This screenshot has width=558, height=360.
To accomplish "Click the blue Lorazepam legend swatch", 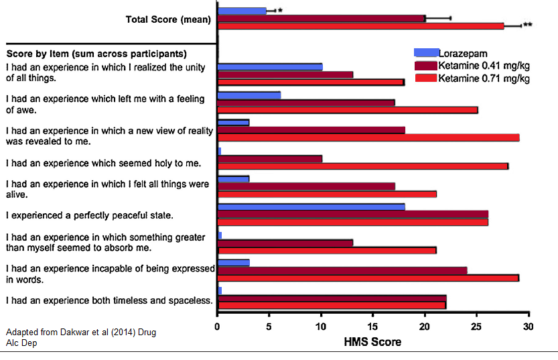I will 426,52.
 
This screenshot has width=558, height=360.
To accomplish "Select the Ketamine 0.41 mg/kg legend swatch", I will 426,65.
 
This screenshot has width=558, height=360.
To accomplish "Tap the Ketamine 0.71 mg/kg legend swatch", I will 426,78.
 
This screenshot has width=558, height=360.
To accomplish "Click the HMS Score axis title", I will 373,342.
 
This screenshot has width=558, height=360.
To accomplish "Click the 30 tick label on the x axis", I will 529,327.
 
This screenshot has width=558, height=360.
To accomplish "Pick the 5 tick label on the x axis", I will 269,327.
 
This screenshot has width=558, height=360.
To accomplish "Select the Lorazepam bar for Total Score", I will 242,11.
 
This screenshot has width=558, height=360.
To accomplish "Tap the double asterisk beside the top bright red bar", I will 528,25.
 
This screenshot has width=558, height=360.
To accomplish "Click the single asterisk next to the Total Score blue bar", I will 280,11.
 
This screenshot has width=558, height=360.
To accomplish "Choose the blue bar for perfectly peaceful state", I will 311,206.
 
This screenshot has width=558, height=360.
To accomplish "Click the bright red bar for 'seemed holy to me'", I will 363,166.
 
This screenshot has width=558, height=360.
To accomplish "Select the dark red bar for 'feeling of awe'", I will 306,103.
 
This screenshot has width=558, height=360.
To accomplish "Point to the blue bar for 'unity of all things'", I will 270,66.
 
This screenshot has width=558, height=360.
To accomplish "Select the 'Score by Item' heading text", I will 96,53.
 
